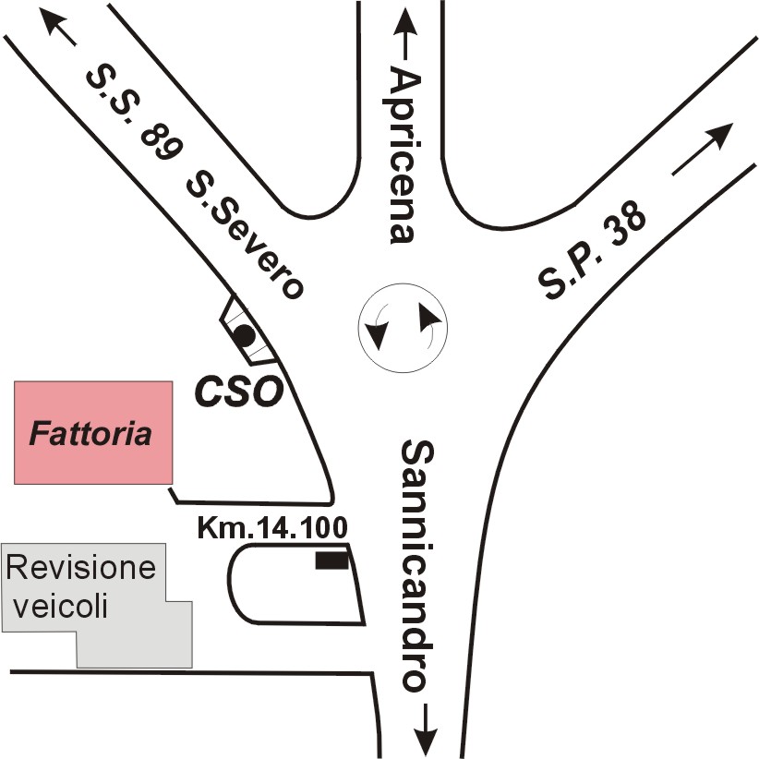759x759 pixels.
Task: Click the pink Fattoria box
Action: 93,433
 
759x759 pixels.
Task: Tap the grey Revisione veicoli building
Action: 97,605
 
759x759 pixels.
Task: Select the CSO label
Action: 238,392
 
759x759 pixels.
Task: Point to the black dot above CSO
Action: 245,335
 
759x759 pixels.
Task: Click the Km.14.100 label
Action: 272,527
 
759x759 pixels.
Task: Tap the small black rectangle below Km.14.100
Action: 332,560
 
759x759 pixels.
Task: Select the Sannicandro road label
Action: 417,565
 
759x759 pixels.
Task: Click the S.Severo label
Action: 245,234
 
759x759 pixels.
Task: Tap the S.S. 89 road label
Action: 133,114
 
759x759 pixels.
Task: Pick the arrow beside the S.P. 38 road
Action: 703,149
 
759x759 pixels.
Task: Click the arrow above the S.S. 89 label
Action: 57,27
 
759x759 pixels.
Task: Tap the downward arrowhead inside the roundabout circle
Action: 377,335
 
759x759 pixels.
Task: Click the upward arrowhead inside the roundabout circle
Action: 429,318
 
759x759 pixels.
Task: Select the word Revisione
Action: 81,567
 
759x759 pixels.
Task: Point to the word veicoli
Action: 60,605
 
